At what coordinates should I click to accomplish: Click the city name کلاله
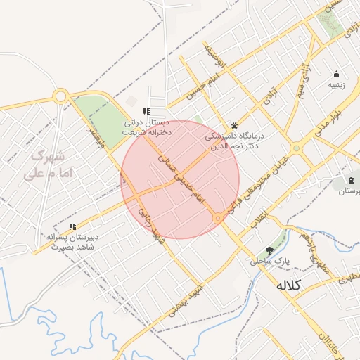(289, 285)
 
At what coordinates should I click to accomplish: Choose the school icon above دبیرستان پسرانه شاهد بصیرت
(72, 226)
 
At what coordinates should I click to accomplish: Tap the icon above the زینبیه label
(336, 75)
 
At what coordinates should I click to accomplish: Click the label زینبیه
(337, 86)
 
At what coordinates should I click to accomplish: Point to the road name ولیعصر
(96, 137)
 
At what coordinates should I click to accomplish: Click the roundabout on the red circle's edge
(219, 219)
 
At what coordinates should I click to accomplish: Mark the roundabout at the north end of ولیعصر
(60, 95)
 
